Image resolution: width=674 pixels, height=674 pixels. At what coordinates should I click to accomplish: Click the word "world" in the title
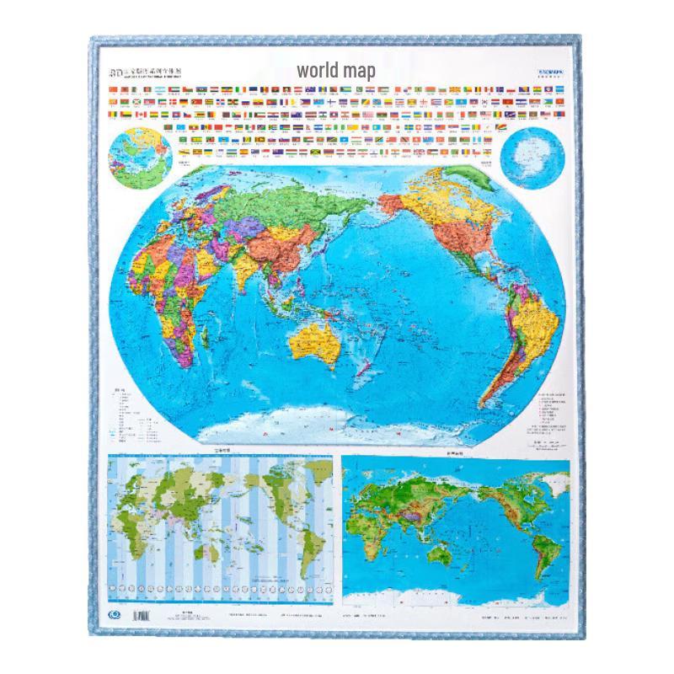click(315, 71)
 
